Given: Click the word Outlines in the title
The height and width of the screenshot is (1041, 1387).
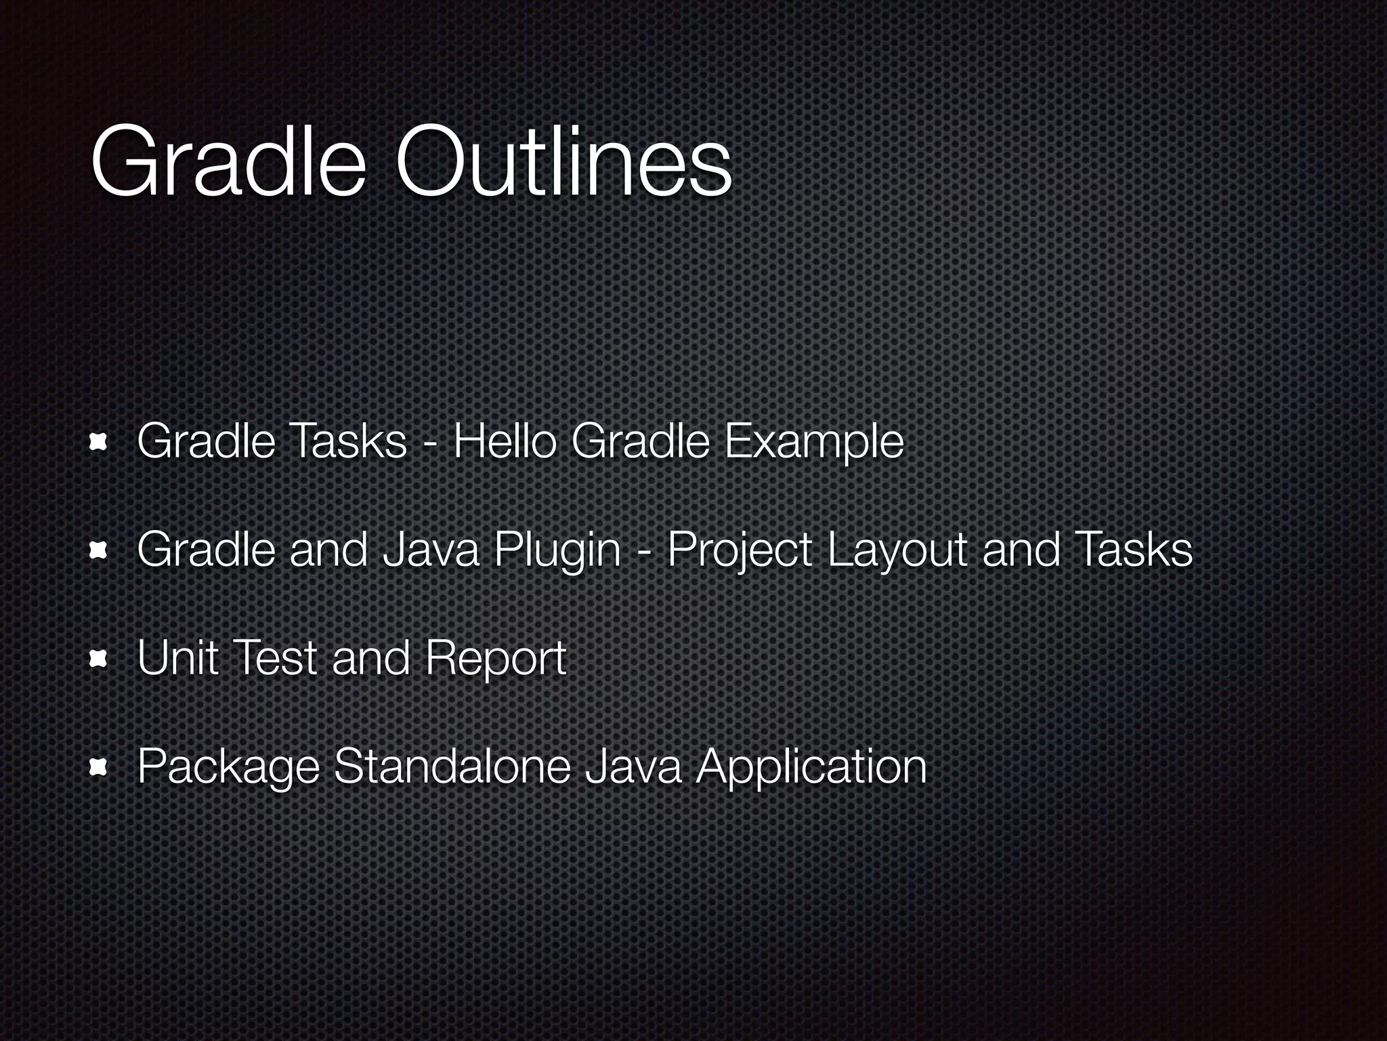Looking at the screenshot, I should pyautogui.click(x=563, y=163).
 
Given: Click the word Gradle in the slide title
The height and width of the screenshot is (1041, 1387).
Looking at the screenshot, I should pyautogui.click(x=228, y=163).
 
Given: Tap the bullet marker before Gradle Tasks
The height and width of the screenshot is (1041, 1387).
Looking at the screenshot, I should pyautogui.click(x=100, y=442).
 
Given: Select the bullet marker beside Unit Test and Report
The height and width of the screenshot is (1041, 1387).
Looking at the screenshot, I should pyautogui.click(x=100, y=658).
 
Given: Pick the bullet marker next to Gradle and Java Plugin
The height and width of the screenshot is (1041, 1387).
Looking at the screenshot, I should pyautogui.click(x=100, y=550).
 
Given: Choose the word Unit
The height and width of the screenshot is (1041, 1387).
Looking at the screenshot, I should pyautogui.click(x=177, y=657).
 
